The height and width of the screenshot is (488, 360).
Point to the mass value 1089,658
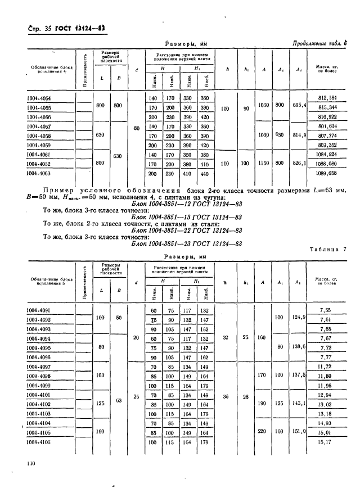pos(326,174)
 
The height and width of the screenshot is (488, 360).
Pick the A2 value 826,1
pos(297,162)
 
